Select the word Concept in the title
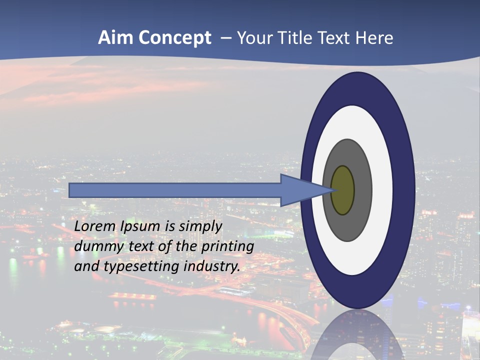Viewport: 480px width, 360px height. pyautogui.click(x=174, y=38)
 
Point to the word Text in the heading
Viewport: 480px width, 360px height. pyautogui.click(x=334, y=38)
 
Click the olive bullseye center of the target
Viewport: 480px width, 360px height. pyautogui.click(x=343, y=190)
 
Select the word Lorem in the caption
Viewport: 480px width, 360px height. pyautogui.click(x=94, y=226)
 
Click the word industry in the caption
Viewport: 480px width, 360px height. pyautogui.click(x=211, y=266)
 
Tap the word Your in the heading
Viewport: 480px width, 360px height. pyautogui.click(x=253, y=38)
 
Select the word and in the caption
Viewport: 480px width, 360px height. pyautogui.click(x=87, y=266)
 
